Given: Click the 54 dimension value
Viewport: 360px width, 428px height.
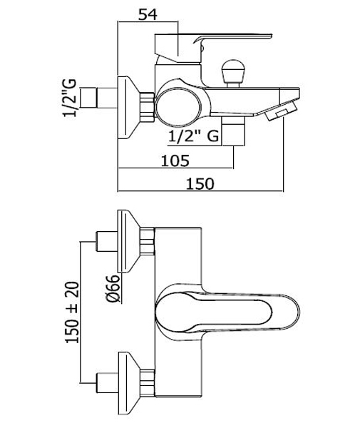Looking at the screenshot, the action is click(x=148, y=15).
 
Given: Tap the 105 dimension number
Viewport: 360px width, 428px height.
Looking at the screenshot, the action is click(x=175, y=160).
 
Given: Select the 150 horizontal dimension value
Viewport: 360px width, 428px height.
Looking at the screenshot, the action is click(x=200, y=184).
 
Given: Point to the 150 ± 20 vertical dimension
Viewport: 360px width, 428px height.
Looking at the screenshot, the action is click(x=72, y=312).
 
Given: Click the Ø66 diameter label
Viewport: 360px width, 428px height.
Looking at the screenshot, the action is click(x=113, y=289).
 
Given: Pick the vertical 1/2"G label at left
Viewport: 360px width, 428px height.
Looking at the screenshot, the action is click(x=70, y=98).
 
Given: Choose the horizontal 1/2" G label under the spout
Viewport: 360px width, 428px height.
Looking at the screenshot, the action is click(x=194, y=136).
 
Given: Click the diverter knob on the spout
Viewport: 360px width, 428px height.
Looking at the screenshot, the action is click(x=232, y=73).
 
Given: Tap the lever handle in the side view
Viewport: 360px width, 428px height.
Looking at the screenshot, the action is click(x=212, y=46).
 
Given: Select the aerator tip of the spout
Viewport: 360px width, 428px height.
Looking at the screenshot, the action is click(x=281, y=111).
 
